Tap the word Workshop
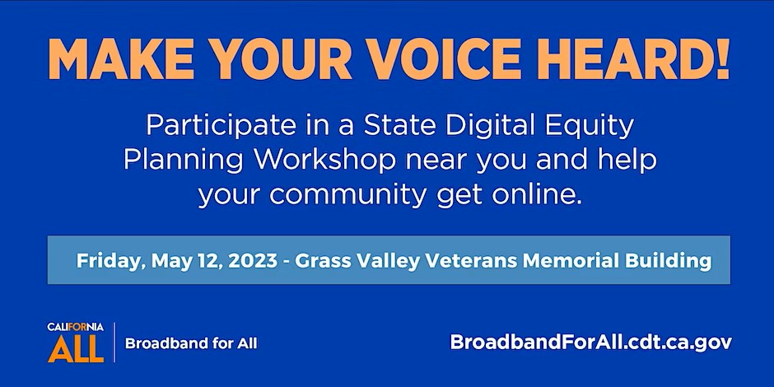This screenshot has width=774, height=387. pos(324,161)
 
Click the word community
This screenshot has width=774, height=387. pos(347,195)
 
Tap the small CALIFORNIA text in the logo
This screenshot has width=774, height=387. pos(76,327)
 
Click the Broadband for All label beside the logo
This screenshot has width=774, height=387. pos(191,343)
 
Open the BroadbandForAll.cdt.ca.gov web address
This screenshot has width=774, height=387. pos(591,343)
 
